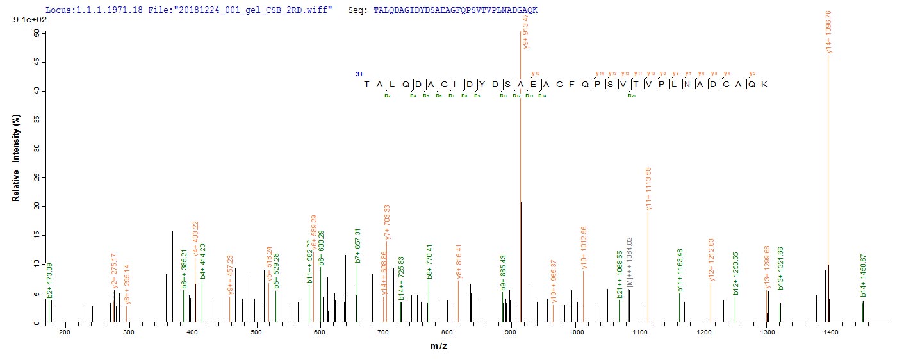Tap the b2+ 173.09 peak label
50,279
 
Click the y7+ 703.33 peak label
386,222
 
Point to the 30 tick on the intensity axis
37,149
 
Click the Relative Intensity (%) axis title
15,163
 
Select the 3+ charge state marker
360,74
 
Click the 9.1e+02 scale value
26,20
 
